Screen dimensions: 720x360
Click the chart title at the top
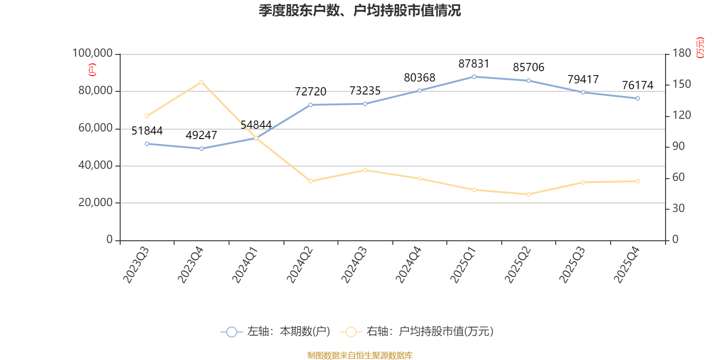click(x=360, y=11)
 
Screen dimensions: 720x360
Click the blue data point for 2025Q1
click(x=474, y=77)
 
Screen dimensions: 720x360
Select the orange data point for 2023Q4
click(x=202, y=82)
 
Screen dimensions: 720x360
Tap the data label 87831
click(x=474, y=63)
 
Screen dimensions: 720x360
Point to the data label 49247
click(x=201, y=135)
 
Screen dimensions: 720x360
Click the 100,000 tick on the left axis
click(x=92, y=53)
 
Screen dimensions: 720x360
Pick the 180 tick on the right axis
click(x=682, y=53)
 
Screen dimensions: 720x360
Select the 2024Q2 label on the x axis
click(x=300, y=265)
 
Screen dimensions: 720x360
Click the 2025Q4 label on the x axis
click(x=627, y=265)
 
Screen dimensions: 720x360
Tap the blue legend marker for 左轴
click(x=231, y=332)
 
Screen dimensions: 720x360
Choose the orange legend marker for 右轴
click(x=351, y=332)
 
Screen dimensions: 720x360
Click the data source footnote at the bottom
click(x=360, y=355)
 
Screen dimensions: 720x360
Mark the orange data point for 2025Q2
click(x=529, y=194)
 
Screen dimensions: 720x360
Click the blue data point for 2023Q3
click(x=147, y=144)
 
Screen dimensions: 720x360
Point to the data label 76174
click(x=638, y=85)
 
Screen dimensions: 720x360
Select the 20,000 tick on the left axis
click(x=95, y=202)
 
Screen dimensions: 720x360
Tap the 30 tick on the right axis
click(x=679, y=208)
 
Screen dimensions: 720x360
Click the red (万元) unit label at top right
click(x=700, y=48)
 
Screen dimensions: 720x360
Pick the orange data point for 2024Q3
click(x=365, y=170)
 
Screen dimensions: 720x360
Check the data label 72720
click(x=310, y=92)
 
